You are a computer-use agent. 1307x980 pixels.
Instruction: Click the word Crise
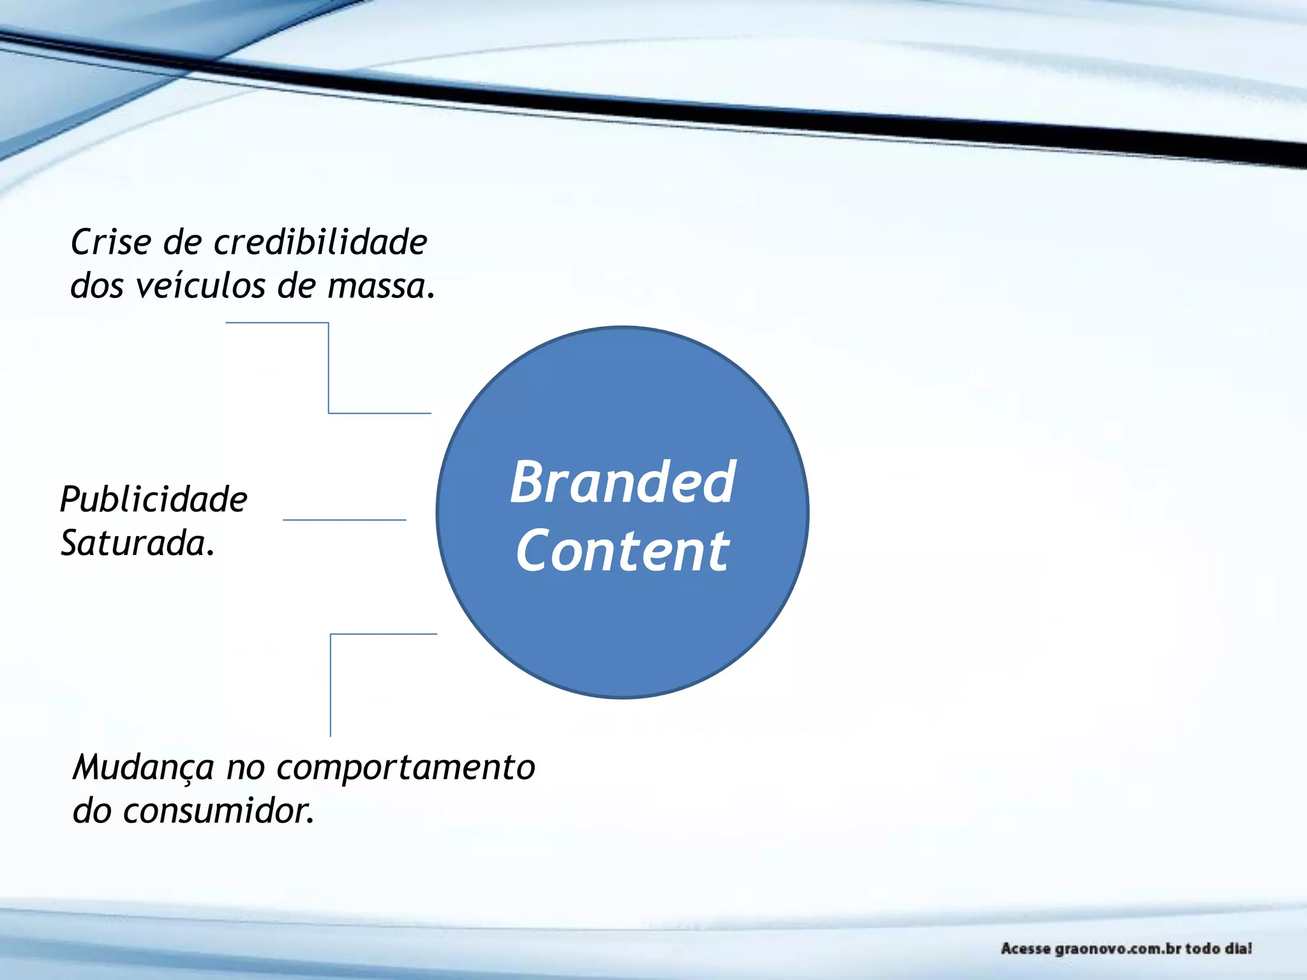point(111,242)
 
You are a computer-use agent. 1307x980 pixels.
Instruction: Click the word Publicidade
point(153,500)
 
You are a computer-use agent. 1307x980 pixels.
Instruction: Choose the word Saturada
point(137,544)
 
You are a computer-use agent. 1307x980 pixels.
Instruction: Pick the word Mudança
point(143,768)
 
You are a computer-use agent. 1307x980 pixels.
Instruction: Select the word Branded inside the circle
point(623,482)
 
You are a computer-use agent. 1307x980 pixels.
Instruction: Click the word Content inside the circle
point(622,551)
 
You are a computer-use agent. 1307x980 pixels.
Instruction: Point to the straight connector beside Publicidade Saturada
point(344,520)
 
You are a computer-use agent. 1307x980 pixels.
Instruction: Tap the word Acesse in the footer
point(1026,949)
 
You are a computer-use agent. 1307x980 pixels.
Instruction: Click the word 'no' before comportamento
point(245,768)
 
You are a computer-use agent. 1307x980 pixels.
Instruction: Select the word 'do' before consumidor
point(92,812)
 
